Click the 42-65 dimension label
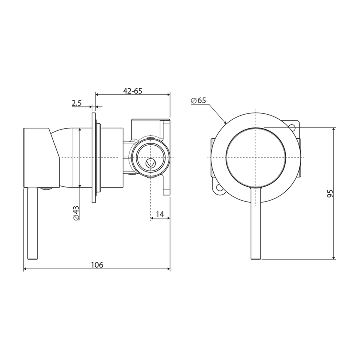point(133,90)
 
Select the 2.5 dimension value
point(76,103)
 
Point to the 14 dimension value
point(160,214)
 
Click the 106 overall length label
point(97,265)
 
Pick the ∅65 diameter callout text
point(198,100)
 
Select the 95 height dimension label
point(330,194)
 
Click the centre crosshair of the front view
point(256,157)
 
